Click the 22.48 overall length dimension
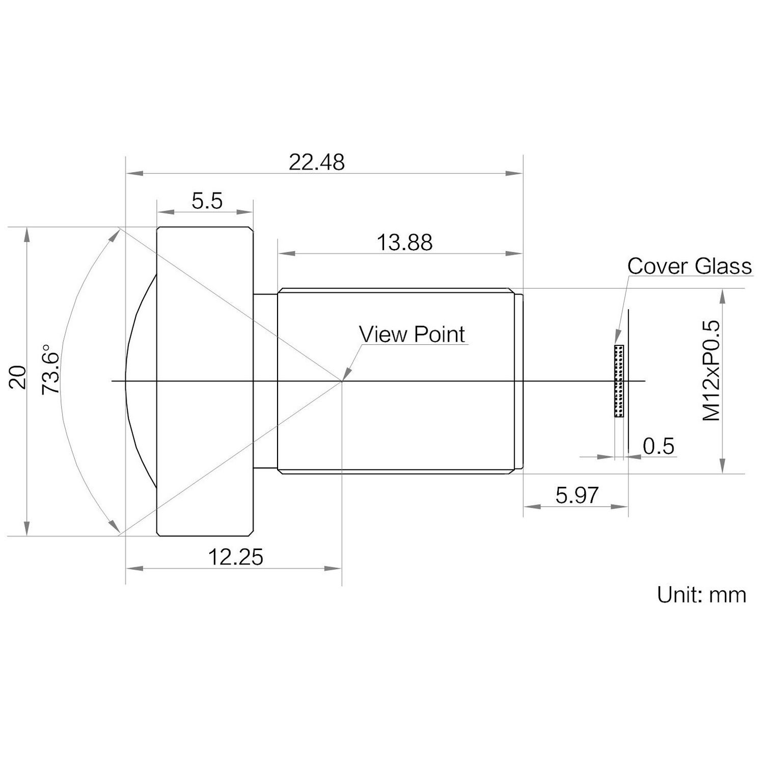pyautogui.click(x=316, y=162)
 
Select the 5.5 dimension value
pyautogui.click(x=207, y=201)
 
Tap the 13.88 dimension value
pyautogui.click(x=404, y=242)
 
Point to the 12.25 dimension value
pyautogui.click(x=236, y=557)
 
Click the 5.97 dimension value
pyautogui.click(x=577, y=495)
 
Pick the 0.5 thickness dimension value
pyautogui.click(x=658, y=446)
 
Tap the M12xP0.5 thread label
pyautogui.click(x=712, y=370)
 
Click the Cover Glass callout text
pyautogui.click(x=689, y=266)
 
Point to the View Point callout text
pyautogui.click(x=412, y=334)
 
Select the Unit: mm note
pyautogui.click(x=701, y=594)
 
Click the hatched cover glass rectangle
pyautogui.click(x=619, y=381)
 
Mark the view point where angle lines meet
pyautogui.click(x=342, y=380)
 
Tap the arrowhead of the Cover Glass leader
pyautogui.click(x=617, y=340)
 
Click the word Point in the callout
pyautogui.click(x=439, y=334)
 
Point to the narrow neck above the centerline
pyautogui.click(x=265, y=336)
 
